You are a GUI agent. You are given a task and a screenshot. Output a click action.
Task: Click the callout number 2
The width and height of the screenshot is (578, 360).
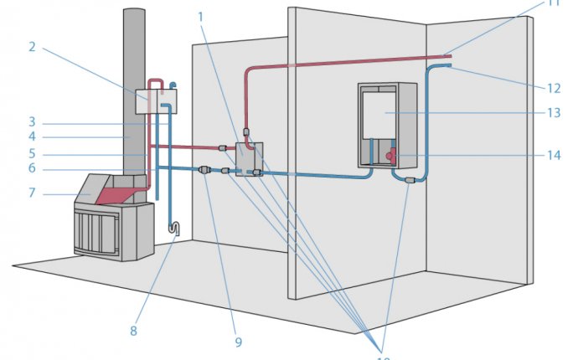click(32, 47)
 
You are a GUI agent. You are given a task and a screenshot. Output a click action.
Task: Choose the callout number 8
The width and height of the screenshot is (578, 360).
click(133, 331)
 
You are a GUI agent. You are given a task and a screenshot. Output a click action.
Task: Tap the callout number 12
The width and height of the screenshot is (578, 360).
click(554, 87)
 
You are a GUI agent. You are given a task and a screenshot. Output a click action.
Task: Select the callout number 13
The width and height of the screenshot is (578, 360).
click(554, 112)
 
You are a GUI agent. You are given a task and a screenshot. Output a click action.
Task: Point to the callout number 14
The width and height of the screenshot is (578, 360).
click(554, 154)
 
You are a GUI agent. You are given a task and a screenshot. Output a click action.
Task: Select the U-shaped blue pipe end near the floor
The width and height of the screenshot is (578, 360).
click(174, 227)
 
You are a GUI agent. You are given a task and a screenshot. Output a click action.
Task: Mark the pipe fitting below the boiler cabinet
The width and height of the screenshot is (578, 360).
click(409, 179)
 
